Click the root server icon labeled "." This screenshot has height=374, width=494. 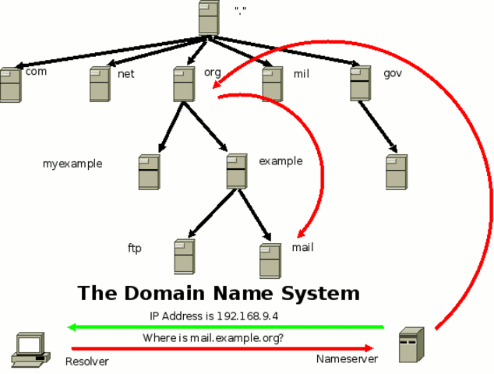pos(209,17)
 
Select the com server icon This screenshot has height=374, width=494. pos(10,85)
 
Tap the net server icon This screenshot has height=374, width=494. pos(100,84)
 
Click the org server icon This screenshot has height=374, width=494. pos(184,84)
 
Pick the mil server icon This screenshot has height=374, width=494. pos(272,84)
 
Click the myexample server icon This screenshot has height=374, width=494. pos(149,172)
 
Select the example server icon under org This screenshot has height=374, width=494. pos(237,171)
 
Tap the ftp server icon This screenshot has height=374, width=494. pos(185,256)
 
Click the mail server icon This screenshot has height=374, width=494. pos(270,261)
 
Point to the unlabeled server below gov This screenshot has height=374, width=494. pos(397,172)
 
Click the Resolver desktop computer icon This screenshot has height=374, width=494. pos(30,350)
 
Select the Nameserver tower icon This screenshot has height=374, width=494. pos(411,345)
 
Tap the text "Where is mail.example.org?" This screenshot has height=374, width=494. pos(213,338)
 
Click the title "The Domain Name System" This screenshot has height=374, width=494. pos(219,294)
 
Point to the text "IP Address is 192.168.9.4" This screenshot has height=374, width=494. pos(214,316)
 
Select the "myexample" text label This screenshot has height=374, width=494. pos(72,164)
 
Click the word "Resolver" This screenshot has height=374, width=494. pos(87,362)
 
